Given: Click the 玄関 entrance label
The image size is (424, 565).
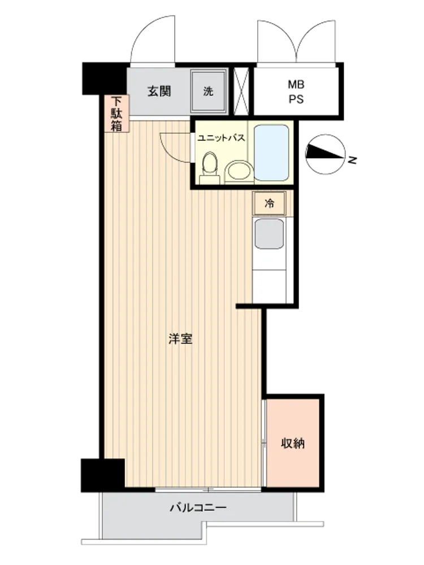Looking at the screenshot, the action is pos(159,91).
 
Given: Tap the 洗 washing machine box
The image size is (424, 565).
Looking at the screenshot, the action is pos(209,91).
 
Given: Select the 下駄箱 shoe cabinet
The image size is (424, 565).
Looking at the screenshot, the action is pos(116,114).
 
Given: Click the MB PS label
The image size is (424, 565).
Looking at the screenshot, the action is pos(296,92).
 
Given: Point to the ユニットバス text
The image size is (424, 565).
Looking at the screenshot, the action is pos(222,138).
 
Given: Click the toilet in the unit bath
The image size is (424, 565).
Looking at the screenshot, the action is pos(210,167).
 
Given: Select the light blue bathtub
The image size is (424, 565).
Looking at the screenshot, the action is pos(271,153).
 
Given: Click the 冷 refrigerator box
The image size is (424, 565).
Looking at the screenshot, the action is pos(269,203).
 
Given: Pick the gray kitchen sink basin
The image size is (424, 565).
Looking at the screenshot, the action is pos(269,233).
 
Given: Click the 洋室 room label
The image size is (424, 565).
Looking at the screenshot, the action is pos(180,338).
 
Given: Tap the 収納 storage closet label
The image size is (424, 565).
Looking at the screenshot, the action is pos(293,443).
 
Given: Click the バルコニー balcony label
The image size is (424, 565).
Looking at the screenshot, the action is pos(198,508).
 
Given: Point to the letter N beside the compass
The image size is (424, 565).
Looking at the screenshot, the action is pos(352,160).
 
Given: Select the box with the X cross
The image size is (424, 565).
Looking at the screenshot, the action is pos(241,91).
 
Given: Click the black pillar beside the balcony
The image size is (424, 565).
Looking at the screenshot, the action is pos(103,475).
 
